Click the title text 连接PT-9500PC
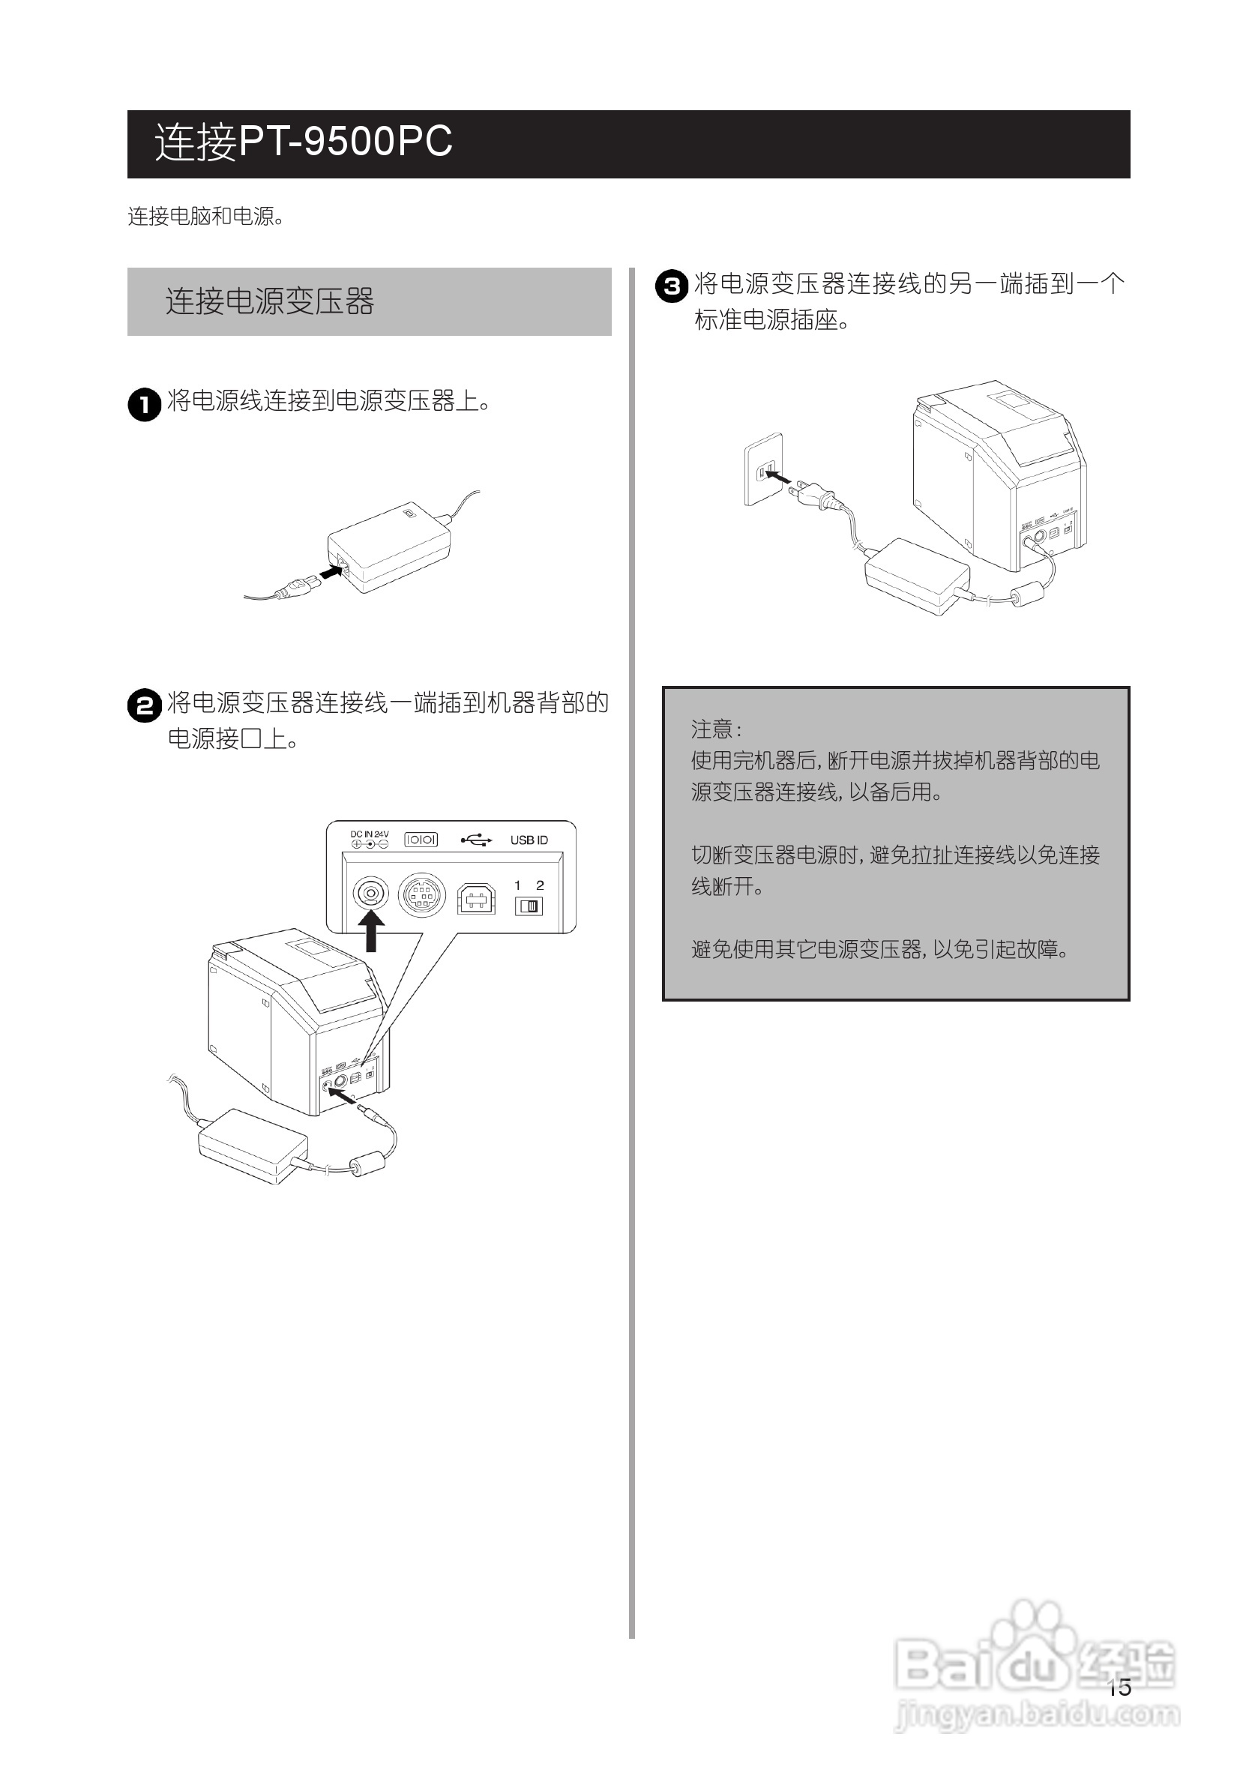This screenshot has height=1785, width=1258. point(303,142)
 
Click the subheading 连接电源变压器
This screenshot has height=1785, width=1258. point(269,301)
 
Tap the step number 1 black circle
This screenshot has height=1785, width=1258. point(145,404)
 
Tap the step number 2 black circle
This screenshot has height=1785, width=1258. point(145,706)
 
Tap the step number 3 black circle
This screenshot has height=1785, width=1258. point(672,286)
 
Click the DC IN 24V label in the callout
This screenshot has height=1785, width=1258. point(370,834)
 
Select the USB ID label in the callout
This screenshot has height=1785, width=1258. point(529,840)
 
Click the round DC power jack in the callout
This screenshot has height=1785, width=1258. point(371,894)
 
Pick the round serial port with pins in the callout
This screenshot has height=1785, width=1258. point(421,895)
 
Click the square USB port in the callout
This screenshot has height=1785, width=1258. point(476,898)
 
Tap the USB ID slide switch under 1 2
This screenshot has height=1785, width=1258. point(529,906)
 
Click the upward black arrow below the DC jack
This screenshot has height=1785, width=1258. point(372,930)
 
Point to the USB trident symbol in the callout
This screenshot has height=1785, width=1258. point(476,840)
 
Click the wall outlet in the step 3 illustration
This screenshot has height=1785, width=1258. point(763,469)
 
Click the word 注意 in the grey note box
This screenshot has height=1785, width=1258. point(712,729)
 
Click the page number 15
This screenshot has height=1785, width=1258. point(1119,1687)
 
